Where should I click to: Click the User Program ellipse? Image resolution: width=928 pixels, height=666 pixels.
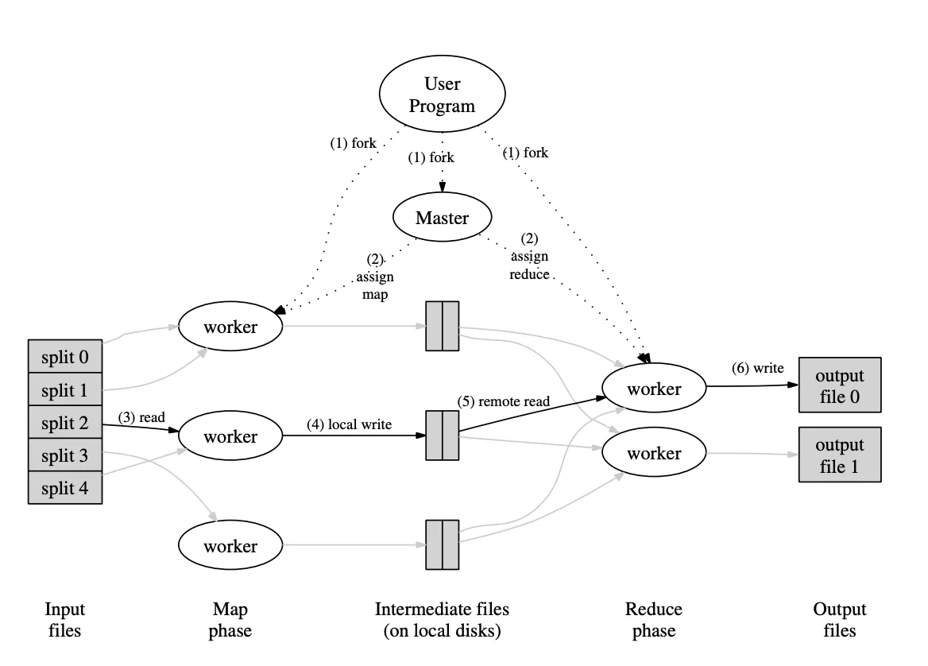(442, 95)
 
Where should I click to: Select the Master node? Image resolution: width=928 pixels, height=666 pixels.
(442, 217)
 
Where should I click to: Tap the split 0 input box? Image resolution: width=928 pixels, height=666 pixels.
(65, 357)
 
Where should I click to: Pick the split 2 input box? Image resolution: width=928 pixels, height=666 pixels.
(65, 423)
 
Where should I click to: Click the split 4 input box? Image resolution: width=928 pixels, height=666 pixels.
(65, 488)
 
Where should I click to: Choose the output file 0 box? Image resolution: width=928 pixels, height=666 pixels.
(839, 385)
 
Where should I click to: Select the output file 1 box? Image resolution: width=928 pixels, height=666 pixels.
(839, 455)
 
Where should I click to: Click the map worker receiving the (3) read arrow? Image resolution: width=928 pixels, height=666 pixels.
(230, 436)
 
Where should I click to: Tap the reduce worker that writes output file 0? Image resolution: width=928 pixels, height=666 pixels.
(654, 389)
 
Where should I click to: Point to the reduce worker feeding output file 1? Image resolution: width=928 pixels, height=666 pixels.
(654, 453)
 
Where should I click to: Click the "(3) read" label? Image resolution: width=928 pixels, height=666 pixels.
(141, 417)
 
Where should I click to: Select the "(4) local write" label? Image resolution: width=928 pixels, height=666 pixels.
(349, 424)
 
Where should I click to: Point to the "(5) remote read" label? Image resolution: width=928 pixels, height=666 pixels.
(504, 401)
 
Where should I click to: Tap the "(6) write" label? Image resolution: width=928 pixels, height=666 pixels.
(757, 368)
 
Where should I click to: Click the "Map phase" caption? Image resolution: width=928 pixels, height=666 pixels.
(230, 620)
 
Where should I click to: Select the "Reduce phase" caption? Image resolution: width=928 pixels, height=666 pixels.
(654, 620)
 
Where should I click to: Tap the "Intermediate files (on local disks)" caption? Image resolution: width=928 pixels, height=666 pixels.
(442, 620)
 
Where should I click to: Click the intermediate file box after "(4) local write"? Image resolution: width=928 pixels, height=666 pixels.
(443, 435)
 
